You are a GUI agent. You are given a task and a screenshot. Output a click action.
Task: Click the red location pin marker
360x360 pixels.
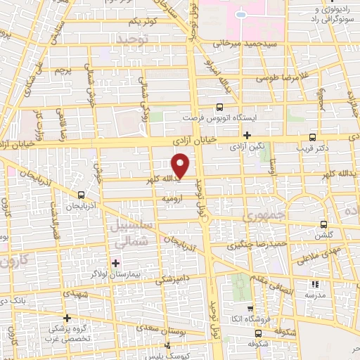point(181,166)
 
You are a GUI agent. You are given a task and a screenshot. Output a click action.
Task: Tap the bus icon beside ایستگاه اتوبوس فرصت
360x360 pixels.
point(220,108)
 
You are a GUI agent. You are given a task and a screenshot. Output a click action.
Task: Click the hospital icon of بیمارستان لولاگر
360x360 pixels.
point(115,263)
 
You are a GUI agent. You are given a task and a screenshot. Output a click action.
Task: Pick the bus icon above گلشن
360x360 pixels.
point(323,224)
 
